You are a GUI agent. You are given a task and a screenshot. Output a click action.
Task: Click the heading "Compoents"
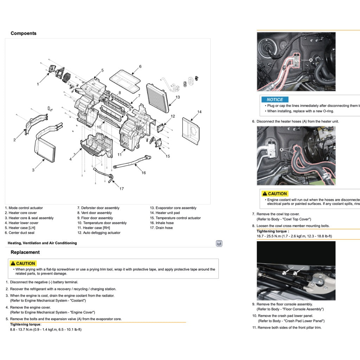pyautogui.click(x=23, y=33)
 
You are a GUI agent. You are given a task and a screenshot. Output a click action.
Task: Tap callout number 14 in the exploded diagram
pyautogui.click(x=199, y=112)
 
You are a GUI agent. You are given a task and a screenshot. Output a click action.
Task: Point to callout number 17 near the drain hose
pyautogui.click(x=121, y=189)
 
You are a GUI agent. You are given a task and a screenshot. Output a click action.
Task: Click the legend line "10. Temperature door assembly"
pyautogui.click(x=102, y=223)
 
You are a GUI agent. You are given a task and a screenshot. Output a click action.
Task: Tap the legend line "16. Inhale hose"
pyautogui.click(x=162, y=223)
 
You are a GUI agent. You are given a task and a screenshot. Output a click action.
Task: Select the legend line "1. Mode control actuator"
pyautogui.click(x=24, y=208)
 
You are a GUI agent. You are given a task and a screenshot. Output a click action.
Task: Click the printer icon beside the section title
pyautogui.click(x=219, y=243)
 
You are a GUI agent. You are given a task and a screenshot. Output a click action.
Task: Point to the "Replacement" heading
pyautogui.click(x=25, y=252)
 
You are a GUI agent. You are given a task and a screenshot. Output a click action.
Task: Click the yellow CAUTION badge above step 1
pyautogui.click(x=23, y=263)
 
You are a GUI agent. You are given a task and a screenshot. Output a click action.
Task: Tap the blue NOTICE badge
pyautogui.click(x=275, y=99)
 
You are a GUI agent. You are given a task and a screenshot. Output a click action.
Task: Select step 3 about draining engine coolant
pyautogui.click(x=62, y=296)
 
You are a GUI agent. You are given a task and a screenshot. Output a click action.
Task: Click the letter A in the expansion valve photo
pyautogui.click(x=311, y=60)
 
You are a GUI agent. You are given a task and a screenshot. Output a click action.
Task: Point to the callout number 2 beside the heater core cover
pyautogui.click(x=14, y=140)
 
